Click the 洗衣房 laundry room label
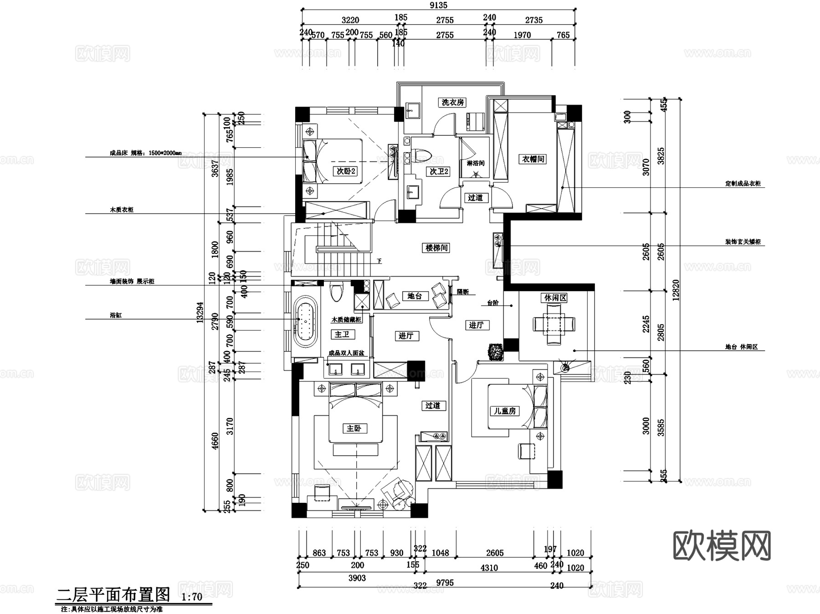click(x=452, y=102)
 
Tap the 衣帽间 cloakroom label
click(x=533, y=159)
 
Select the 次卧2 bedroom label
click(x=346, y=171)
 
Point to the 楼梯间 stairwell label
click(x=436, y=248)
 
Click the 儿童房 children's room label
click(x=505, y=411)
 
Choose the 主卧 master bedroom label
click(x=354, y=428)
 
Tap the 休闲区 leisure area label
click(x=555, y=298)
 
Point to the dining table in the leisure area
click(x=554, y=324)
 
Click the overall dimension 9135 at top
click(x=438, y=5)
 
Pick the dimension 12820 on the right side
click(x=676, y=290)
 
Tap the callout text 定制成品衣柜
click(x=743, y=184)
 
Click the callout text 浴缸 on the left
click(x=116, y=315)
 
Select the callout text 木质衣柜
click(x=121, y=210)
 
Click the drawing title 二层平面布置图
click(x=113, y=594)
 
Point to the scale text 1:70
click(x=192, y=597)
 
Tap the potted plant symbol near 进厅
click(x=495, y=351)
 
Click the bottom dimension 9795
click(x=444, y=583)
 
